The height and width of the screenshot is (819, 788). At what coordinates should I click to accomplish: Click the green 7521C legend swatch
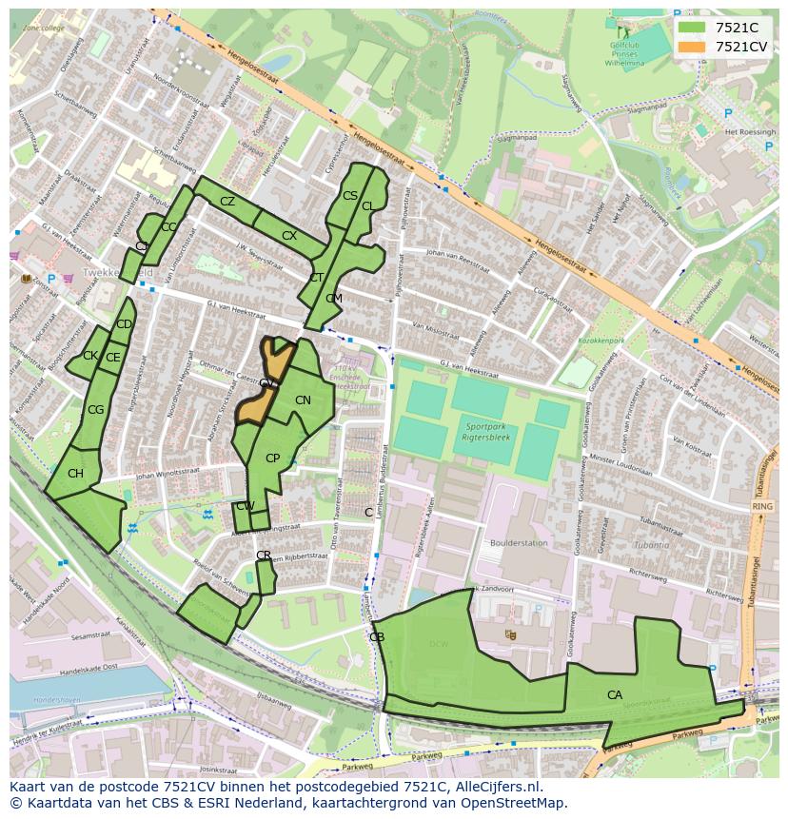click(692, 28)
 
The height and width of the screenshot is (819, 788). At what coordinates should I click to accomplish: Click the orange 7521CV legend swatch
click(692, 47)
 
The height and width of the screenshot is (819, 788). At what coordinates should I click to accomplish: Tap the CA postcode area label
click(615, 695)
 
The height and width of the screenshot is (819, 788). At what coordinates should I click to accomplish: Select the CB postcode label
click(377, 636)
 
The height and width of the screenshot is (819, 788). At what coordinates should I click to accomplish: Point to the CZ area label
click(227, 202)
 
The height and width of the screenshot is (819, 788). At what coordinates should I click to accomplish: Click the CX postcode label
click(289, 235)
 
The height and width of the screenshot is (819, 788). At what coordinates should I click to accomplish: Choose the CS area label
click(349, 196)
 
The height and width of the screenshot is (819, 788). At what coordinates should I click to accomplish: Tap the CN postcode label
click(303, 400)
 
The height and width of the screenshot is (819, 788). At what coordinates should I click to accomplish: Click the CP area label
click(272, 458)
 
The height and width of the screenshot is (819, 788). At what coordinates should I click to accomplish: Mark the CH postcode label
click(75, 474)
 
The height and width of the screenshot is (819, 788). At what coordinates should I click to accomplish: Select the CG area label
click(95, 410)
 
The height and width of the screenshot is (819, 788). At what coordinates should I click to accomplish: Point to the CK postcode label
click(89, 356)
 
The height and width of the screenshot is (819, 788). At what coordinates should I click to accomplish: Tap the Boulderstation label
click(519, 543)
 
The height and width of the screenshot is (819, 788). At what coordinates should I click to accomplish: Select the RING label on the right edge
click(761, 507)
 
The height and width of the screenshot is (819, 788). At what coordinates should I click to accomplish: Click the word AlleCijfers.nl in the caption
click(495, 788)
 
